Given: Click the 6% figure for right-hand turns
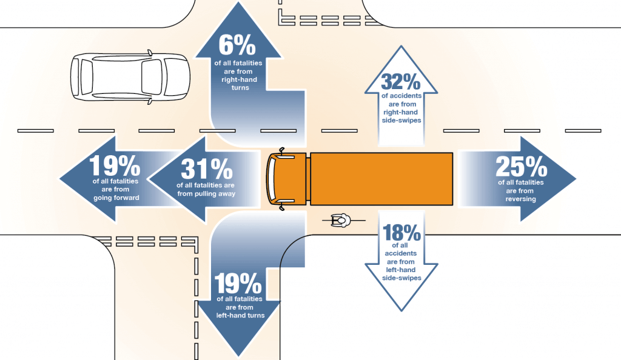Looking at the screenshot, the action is tap(237, 45).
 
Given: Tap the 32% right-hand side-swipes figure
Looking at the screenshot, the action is tap(401, 81).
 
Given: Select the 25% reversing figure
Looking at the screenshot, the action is tap(521, 166).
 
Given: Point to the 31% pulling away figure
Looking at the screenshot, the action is tap(207, 169).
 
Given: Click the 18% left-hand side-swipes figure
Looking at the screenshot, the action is tap(401, 232).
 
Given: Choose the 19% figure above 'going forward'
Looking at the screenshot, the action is tap(115, 165).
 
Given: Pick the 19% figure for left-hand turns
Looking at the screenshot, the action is tap(238, 283).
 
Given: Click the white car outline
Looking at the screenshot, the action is tap(130, 77).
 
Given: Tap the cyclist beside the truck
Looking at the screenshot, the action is tap(341, 220).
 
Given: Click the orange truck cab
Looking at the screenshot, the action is tap(286, 178).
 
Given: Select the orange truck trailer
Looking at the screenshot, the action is tap(381, 179).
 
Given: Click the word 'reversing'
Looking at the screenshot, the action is tap(520, 199).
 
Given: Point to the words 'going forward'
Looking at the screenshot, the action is tap(116, 198).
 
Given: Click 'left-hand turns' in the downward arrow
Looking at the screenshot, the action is tap(240, 315).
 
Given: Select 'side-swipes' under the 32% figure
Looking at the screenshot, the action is tap(401, 120).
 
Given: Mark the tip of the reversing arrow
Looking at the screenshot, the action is tap(576, 179).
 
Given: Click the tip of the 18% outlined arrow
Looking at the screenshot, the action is tap(401, 311).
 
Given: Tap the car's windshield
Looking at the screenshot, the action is tap(152, 77).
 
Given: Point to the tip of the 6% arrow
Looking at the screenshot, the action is tap(238, 2).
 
